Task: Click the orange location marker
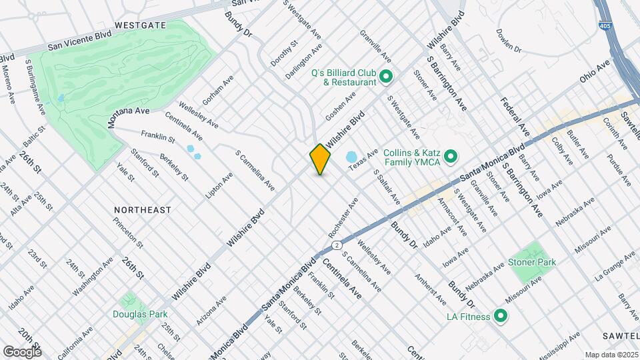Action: click(x=321, y=159)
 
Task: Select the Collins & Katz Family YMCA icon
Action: click(x=451, y=157)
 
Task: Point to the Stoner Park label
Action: click(x=532, y=262)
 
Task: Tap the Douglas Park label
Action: click(x=139, y=314)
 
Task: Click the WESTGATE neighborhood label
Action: click(x=140, y=25)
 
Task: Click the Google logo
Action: click(x=22, y=351)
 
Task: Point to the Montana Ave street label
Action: click(x=129, y=117)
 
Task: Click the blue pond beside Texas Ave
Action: click(x=351, y=157)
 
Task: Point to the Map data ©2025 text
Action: click(x=611, y=355)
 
